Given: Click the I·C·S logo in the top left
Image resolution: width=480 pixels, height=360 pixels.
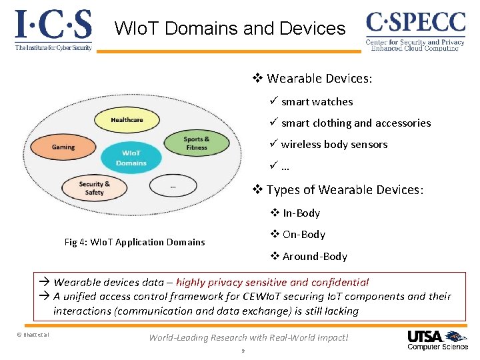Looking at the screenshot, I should (x=53, y=30).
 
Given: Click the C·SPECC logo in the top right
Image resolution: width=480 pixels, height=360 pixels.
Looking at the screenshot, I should (x=415, y=30).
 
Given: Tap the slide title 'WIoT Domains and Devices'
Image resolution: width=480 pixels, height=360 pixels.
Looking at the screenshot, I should (x=230, y=29).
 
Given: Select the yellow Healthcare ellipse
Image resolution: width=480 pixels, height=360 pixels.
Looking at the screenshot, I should (x=127, y=120).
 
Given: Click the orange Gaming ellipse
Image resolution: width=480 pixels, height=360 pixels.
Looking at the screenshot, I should (x=63, y=147).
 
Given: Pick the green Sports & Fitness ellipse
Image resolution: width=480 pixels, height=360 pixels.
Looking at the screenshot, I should (x=197, y=143).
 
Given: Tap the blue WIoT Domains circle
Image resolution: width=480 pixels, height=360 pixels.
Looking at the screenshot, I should (x=131, y=158).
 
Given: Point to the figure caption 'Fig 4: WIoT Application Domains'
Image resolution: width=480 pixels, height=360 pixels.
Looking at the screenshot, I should (x=135, y=242).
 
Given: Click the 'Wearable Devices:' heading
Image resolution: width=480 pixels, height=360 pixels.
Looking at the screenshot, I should (x=319, y=79).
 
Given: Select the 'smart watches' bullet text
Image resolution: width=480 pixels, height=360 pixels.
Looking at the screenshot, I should (x=317, y=102).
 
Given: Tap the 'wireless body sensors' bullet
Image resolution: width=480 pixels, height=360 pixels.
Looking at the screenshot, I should (x=334, y=145).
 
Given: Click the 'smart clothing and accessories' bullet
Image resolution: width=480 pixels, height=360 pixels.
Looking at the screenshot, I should (x=355, y=123).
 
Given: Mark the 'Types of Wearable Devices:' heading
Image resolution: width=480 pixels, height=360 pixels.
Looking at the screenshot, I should (x=344, y=190).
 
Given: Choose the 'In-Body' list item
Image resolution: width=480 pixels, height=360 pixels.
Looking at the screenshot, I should (x=301, y=213).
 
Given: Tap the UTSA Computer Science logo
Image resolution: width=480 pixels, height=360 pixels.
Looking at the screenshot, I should (x=437, y=339).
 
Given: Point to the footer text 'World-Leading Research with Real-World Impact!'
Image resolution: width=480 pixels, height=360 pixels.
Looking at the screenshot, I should (x=249, y=337).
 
